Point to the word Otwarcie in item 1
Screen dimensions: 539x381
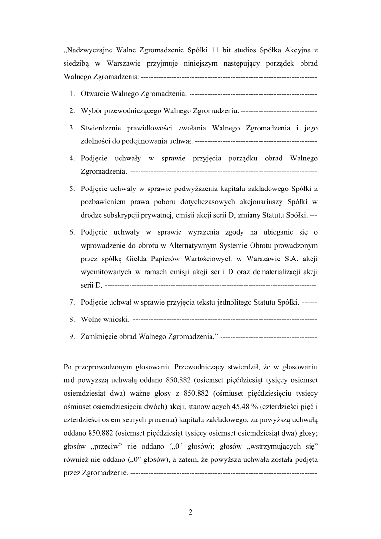[95, 94]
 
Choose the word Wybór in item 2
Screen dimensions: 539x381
[91, 111]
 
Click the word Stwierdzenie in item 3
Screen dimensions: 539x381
[101, 128]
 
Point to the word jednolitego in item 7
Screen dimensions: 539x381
[230, 302]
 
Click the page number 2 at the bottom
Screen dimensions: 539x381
[190, 513]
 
